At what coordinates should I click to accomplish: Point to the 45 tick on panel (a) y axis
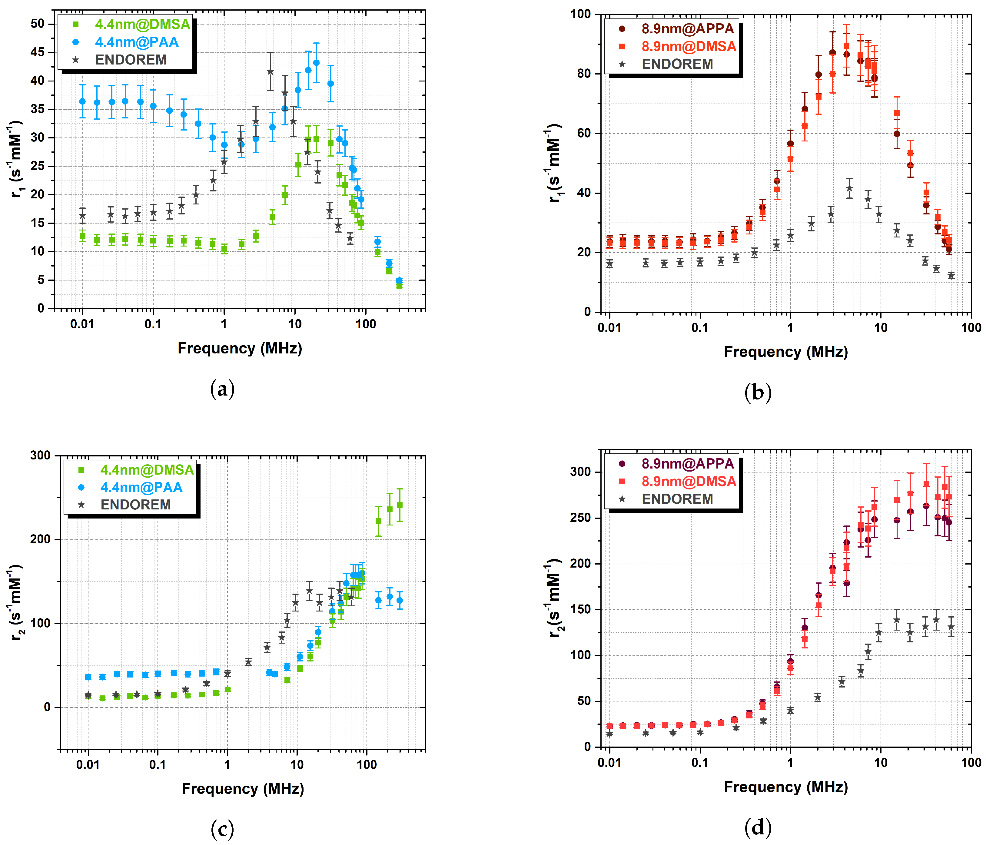click(x=37, y=52)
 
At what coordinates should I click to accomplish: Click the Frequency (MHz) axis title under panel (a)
click(x=240, y=348)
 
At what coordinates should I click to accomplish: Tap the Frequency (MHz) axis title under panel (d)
click(x=786, y=787)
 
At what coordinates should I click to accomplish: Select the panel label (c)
click(x=222, y=829)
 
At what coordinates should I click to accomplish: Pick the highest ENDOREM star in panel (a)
click(x=270, y=72)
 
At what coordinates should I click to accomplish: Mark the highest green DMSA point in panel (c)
click(x=400, y=505)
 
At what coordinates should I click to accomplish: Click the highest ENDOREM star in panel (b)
click(x=849, y=188)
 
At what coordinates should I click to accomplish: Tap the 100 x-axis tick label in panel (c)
click(x=367, y=765)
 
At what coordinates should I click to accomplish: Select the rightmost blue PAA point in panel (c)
click(x=400, y=601)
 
